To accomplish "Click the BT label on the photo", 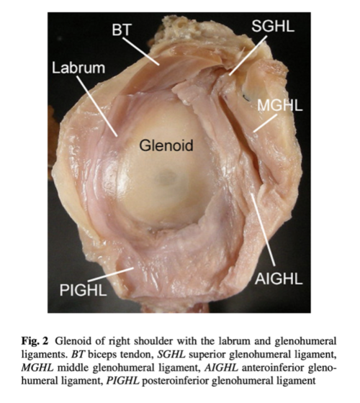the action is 122,30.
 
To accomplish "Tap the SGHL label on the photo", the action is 273,26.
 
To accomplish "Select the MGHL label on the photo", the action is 280,105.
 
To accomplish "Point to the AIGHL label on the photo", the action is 279,279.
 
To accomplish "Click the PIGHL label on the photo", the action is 83,290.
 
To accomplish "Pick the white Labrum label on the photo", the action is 78,68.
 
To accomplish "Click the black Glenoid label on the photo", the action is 166,145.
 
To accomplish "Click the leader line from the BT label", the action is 141,51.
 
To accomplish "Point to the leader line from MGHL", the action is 266,123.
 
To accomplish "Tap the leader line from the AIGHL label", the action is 264,230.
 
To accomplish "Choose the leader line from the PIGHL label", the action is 111,274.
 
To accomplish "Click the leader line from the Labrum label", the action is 97,107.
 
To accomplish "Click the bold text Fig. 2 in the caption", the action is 35,342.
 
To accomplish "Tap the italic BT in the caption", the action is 78,355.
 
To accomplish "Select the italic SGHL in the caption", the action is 171,355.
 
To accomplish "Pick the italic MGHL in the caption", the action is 37,368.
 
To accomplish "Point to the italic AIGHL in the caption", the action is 221,368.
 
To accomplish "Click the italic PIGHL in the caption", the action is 122,381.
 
